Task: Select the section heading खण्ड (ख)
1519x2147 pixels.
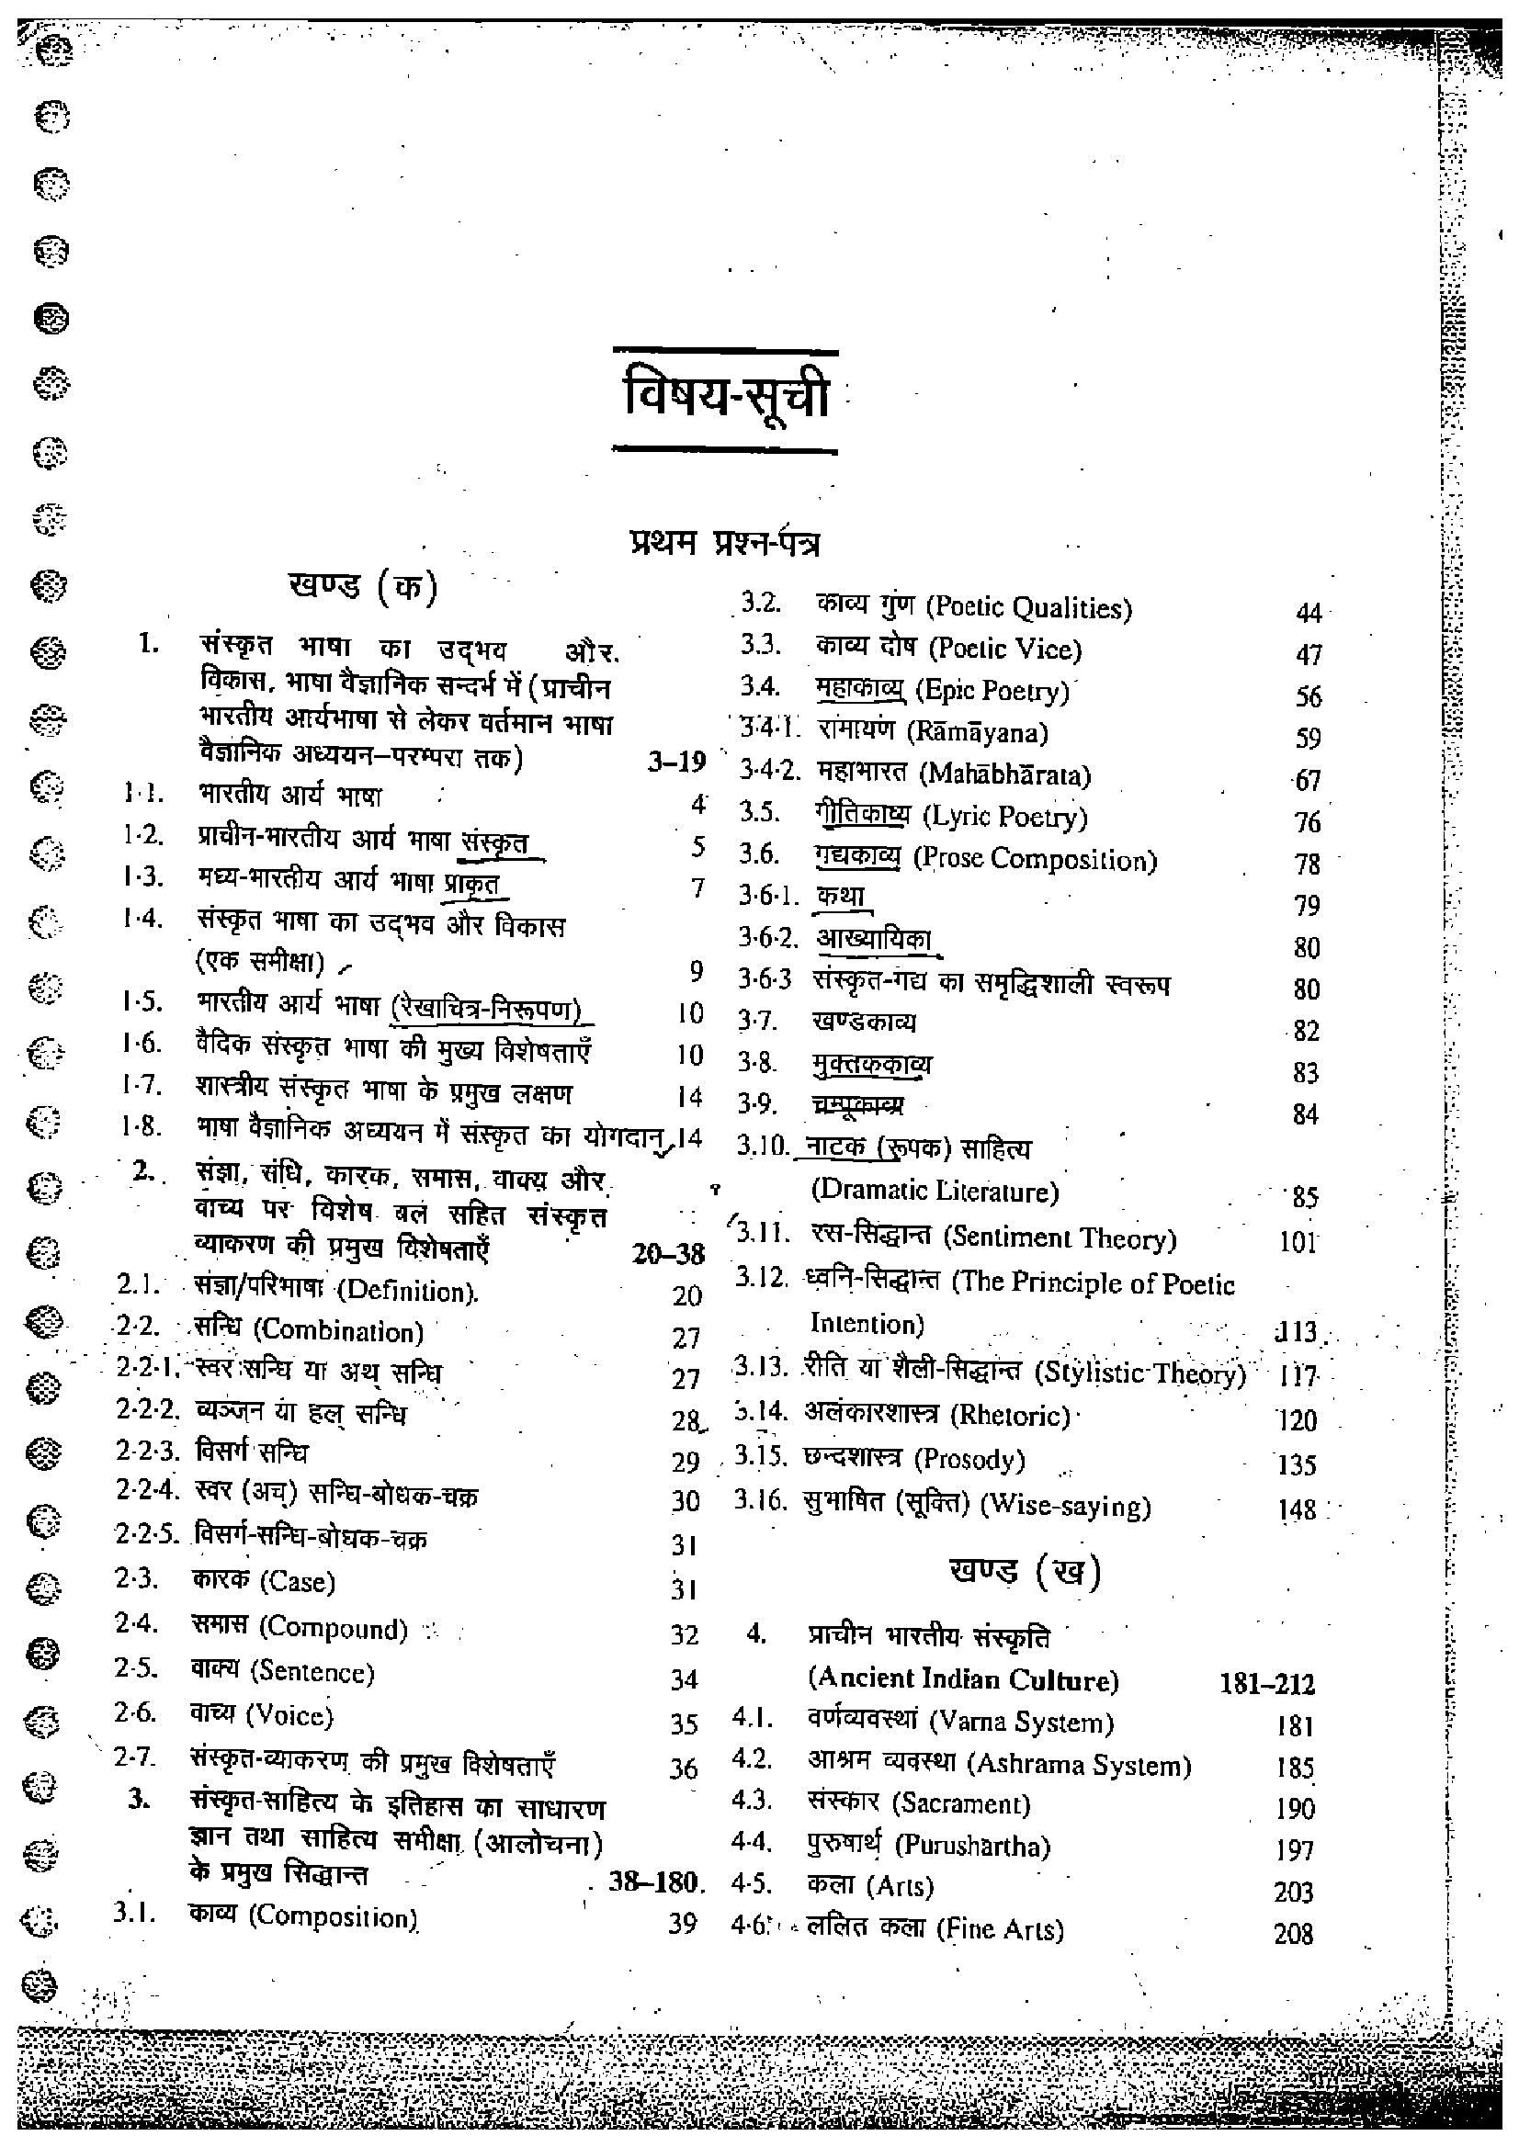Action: coord(1025,1573)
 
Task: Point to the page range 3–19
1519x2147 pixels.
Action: coord(675,763)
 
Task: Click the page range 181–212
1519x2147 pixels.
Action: coord(1266,1684)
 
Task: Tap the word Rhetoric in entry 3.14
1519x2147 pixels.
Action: coord(1009,1416)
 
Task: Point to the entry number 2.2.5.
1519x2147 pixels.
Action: coord(152,1535)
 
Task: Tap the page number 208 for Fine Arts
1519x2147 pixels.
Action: coord(1293,1934)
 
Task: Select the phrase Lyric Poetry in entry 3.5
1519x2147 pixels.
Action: coord(1004,818)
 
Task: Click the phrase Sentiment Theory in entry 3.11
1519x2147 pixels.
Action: coord(1059,1239)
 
